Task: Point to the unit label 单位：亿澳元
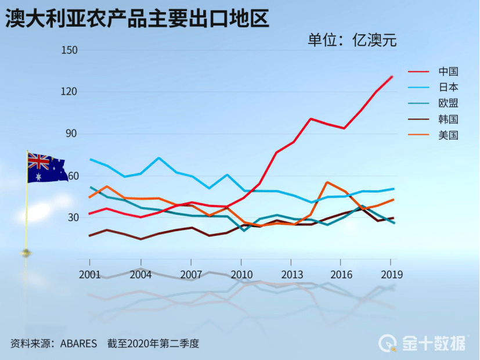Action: (352, 40)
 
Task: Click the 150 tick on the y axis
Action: (69, 50)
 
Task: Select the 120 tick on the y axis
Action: (69, 92)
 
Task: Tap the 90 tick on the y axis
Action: (71, 134)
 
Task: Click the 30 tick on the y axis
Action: (71, 217)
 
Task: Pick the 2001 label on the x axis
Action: (89, 274)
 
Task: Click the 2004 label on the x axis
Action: (140, 274)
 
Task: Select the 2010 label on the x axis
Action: (241, 274)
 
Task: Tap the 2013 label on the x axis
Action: (292, 274)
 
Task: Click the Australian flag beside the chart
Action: (46, 168)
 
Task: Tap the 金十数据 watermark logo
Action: (423, 343)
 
